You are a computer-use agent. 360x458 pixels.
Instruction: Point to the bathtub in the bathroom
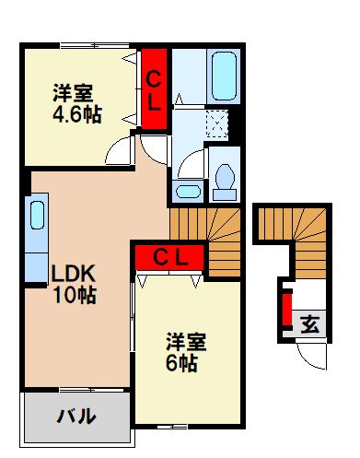[224, 78]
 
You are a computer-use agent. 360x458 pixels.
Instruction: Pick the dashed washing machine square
[219, 123]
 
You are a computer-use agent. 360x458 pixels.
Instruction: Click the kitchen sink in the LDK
[38, 216]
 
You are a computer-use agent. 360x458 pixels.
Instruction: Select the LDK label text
[73, 273]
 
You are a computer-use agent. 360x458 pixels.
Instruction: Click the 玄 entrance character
[311, 324]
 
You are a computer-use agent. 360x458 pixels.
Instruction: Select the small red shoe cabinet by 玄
[286, 311]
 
